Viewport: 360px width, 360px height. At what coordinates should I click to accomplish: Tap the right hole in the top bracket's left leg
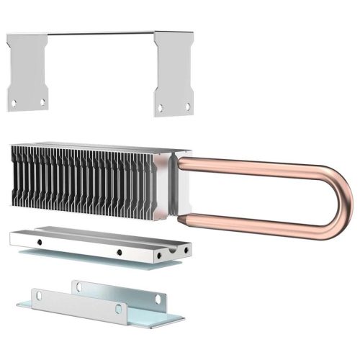42,102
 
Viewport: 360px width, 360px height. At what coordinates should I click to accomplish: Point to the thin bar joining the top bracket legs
101,32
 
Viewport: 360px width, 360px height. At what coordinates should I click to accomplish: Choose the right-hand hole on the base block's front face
118,252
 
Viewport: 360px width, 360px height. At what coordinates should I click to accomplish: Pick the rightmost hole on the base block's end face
188,249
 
